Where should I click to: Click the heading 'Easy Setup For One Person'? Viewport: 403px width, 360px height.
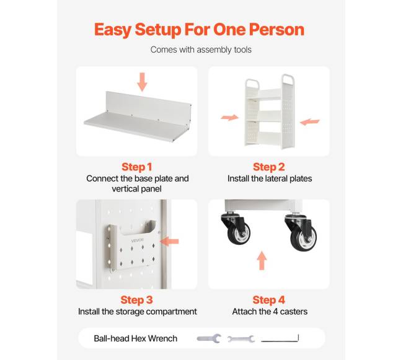click(199, 30)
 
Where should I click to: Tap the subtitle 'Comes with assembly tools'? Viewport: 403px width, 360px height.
click(201, 50)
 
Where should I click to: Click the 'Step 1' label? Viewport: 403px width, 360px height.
click(137, 167)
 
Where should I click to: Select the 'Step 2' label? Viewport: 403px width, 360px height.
click(269, 167)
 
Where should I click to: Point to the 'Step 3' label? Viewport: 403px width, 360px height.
click(137, 300)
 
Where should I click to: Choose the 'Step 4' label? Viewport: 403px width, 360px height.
click(269, 300)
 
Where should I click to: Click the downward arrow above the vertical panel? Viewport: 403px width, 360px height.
click(142, 82)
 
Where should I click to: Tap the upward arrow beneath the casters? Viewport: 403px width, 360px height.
click(262, 260)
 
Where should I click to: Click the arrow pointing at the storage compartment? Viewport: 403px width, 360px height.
click(169, 242)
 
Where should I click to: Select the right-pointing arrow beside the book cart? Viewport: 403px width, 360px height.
click(230, 118)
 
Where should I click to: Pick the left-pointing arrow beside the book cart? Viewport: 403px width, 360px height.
click(310, 122)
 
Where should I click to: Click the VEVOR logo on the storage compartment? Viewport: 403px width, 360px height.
click(138, 240)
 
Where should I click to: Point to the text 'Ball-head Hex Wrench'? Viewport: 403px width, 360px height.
click(135, 338)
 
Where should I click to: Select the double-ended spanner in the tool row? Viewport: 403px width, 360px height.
click(241, 339)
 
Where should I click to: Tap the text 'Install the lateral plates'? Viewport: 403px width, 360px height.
click(270, 178)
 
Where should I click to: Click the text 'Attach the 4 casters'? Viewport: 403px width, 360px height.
click(270, 312)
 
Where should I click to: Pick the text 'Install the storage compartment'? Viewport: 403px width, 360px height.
click(138, 312)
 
